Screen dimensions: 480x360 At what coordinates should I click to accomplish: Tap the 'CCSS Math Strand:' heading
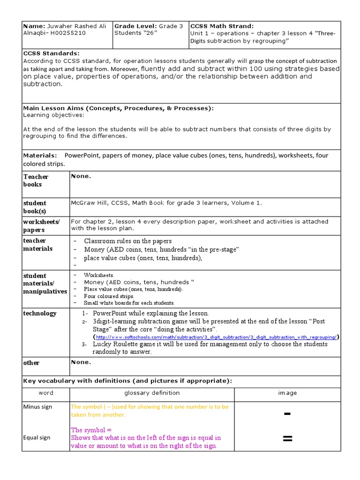222,26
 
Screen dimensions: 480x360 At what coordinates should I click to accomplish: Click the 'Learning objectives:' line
54,115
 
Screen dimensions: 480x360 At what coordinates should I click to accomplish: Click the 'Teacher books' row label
36,180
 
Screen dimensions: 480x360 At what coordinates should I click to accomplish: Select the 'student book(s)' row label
35,207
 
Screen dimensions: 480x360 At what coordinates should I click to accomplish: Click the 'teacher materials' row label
37,244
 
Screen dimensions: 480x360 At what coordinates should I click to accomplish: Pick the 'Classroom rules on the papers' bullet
127,241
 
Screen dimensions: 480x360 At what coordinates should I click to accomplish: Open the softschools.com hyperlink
216,337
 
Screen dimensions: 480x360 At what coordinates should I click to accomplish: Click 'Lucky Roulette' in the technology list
114,344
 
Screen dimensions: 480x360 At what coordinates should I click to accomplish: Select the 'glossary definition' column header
151,393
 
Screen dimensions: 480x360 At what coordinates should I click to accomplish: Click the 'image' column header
287,393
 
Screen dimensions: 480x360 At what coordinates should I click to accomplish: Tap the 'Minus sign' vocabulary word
37,407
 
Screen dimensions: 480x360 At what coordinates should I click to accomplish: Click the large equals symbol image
287,439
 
